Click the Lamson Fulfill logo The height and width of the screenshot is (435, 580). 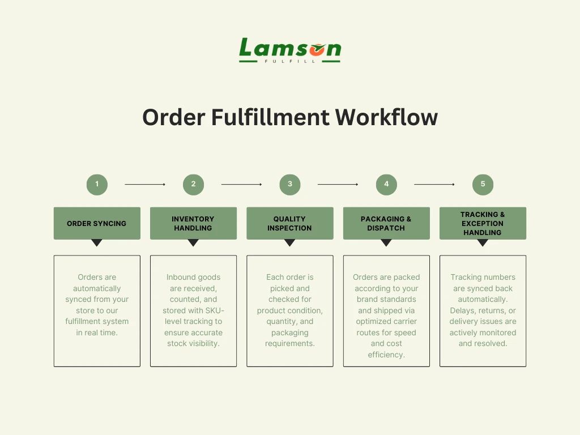[289, 50]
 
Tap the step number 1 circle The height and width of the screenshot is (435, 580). [97, 184]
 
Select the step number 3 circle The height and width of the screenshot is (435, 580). [290, 184]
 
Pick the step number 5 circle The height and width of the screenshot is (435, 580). [483, 184]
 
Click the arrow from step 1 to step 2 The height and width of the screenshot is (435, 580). [145, 184]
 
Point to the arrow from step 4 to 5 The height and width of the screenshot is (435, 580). [434, 184]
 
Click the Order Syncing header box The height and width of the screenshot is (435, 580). [97, 223]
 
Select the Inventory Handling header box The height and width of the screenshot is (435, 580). [193, 223]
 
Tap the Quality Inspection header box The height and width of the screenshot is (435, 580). [290, 223]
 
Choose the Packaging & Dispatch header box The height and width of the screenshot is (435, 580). [386, 223]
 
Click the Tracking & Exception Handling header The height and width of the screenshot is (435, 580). [483, 223]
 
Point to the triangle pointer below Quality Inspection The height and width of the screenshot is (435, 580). [290, 242]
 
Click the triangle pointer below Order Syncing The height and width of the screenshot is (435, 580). [97, 242]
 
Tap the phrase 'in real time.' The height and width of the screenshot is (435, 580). [97, 332]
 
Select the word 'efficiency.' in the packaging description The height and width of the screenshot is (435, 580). [386, 355]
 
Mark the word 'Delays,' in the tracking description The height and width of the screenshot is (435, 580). [464, 310]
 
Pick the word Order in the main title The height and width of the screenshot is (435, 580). [173, 117]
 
